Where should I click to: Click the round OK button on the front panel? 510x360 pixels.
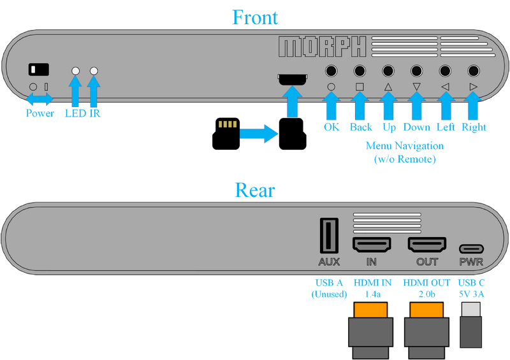(x=331, y=71)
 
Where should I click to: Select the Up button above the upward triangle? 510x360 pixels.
(x=388, y=71)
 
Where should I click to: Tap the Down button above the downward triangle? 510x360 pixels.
(x=416, y=71)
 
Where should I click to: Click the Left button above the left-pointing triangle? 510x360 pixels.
(x=445, y=71)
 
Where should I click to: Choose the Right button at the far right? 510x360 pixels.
(x=473, y=71)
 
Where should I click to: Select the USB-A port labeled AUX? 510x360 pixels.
(x=328, y=235)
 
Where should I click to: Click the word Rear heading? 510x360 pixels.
(x=255, y=189)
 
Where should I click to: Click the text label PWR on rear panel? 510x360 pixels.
(x=471, y=262)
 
